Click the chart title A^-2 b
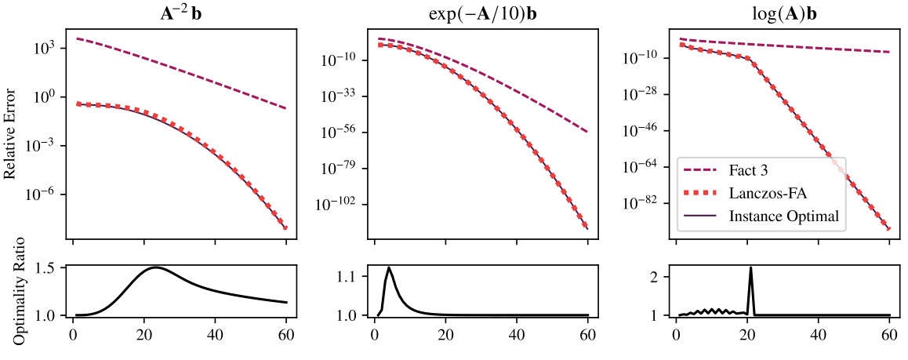click(180, 14)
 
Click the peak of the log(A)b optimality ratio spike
click(750, 267)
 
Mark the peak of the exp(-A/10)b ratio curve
click(389, 267)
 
